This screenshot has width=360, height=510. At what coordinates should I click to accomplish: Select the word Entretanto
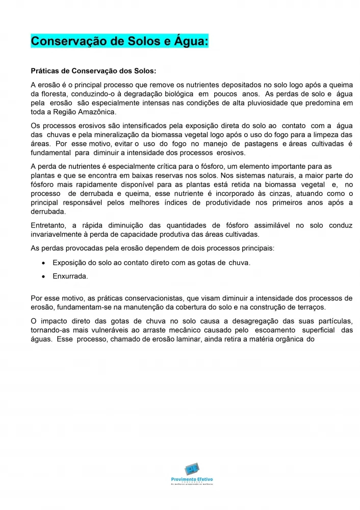(x=49, y=225)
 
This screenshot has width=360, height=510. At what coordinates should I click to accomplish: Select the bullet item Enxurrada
(x=70, y=276)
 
